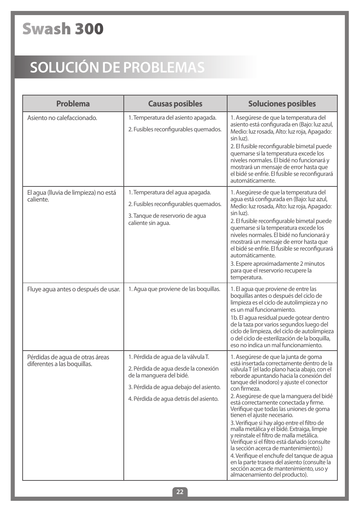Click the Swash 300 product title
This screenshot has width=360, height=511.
point(63,29)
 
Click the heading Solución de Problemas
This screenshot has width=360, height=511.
point(117,67)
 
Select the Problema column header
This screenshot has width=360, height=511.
point(73,104)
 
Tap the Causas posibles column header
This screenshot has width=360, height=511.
point(175,104)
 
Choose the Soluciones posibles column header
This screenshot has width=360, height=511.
point(282,104)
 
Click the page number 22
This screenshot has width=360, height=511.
point(180,492)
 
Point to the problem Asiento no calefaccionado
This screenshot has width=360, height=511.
point(62,118)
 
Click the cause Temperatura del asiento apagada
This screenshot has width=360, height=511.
point(172,118)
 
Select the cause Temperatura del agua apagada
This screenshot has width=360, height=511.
point(169,192)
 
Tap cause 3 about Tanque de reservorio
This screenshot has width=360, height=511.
point(167,219)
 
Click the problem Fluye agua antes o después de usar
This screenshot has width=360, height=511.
point(74,289)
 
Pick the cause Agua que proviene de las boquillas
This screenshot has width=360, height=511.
point(174,289)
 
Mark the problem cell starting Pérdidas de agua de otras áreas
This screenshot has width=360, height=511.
point(68,360)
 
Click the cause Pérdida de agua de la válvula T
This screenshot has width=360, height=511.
point(169,357)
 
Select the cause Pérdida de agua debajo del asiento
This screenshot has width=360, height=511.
point(174,387)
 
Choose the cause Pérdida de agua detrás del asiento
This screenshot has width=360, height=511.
point(173,399)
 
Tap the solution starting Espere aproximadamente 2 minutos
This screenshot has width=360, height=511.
point(277,271)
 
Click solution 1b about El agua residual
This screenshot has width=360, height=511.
point(282,331)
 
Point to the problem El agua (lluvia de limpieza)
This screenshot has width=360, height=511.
point(71,196)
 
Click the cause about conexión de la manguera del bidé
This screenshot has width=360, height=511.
point(173,372)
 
